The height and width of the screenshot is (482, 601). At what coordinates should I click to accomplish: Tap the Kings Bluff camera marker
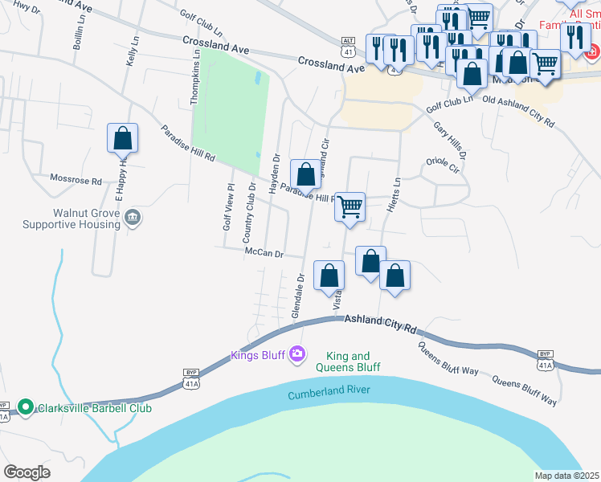298,353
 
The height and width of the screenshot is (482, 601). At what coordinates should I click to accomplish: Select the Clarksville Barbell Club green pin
26,407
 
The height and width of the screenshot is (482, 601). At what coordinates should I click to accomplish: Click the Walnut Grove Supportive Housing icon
133,217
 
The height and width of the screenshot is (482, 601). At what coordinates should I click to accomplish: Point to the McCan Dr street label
264,254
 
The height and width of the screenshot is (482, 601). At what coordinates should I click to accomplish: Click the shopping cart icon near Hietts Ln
350,207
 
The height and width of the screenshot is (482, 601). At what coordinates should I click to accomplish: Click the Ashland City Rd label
382,324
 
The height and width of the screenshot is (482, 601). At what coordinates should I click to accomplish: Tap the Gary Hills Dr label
449,140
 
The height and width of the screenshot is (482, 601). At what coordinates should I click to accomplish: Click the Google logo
27,472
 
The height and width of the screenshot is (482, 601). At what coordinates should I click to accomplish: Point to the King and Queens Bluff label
348,361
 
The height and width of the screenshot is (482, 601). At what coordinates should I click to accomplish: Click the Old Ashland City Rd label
518,112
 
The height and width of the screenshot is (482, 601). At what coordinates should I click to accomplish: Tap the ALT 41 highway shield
347,47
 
